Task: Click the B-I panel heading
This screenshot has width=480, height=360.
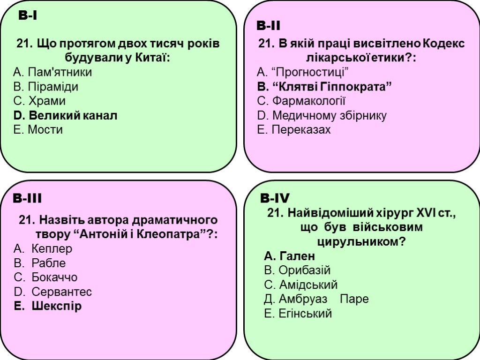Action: [28, 16]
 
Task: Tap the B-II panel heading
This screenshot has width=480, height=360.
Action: [269, 25]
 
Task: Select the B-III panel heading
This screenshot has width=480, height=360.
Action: [28, 199]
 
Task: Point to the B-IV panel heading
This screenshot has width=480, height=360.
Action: [275, 198]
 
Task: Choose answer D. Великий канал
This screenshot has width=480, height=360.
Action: [66, 115]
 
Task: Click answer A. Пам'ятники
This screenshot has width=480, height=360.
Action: [53, 72]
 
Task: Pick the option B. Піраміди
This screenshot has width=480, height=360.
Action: [46, 87]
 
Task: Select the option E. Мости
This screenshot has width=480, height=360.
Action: [38, 130]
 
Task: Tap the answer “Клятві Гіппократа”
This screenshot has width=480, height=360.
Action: [325, 87]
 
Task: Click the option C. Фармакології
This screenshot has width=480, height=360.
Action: [302, 101]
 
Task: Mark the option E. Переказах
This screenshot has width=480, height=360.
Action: [294, 130]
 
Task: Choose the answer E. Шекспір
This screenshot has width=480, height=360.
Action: [48, 307]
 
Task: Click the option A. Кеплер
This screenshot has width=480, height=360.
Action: [44, 248]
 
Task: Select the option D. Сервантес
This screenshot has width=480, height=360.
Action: [53, 292]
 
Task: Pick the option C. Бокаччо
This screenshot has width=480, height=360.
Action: [46, 277]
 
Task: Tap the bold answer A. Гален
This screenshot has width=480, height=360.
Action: [290, 256]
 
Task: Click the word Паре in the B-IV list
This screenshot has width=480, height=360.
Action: [354, 299]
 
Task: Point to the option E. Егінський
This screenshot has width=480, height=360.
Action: [298, 314]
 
